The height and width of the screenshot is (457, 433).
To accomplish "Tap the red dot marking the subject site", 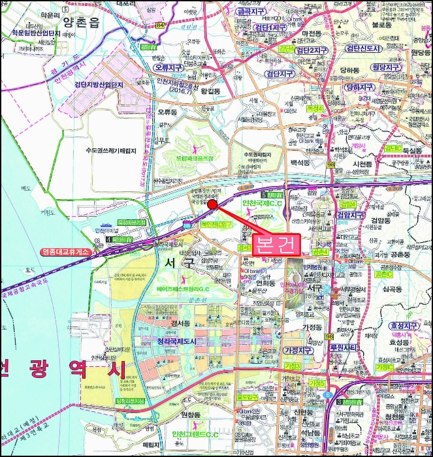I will pos(212,204).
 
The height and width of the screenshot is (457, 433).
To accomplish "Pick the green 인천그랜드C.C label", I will pos(196,435).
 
